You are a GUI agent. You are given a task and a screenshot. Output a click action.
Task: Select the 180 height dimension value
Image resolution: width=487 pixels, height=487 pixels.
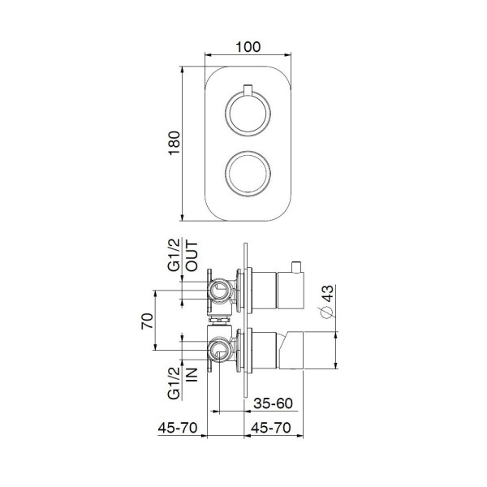pos(170,144)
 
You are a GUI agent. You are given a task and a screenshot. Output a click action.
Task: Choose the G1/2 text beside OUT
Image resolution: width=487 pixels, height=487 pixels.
pos(174,256)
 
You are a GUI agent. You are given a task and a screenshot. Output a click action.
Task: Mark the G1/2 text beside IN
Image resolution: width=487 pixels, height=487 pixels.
pos(174,381)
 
